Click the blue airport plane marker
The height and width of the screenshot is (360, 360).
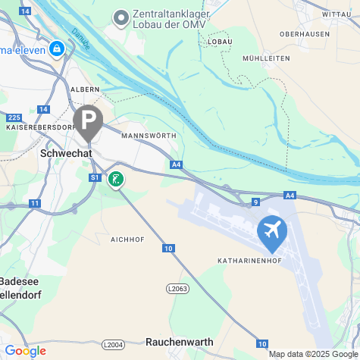point(272,232)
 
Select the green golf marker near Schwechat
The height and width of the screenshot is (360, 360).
point(115,179)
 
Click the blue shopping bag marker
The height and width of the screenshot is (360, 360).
point(56,49)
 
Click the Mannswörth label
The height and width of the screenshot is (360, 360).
point(148,135)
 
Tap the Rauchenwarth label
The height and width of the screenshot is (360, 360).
point(179,342)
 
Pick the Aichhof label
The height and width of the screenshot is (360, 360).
point(127,239)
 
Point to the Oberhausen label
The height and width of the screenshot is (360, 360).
point(304,34)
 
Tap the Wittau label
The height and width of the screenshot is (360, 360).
point(337,14)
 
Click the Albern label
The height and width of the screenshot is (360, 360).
point(84,89)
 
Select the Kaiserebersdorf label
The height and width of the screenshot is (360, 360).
point(39,127)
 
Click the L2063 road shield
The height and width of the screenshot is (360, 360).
point(177,289)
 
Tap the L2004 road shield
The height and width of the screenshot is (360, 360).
point(112,345)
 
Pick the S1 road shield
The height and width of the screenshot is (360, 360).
point(95,177)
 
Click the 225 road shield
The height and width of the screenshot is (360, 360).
point(14,117)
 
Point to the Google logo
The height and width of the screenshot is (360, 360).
point(25,351)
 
